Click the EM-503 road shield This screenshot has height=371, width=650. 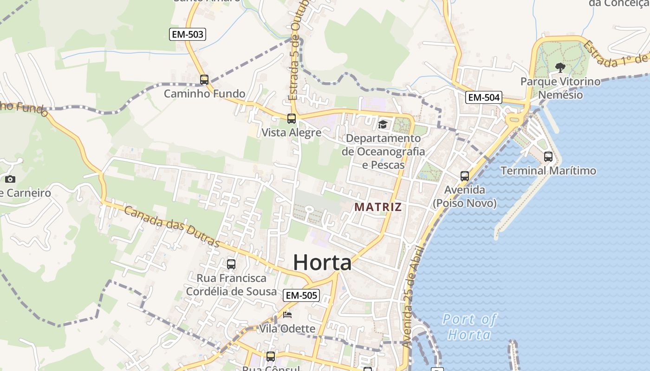point(188,34)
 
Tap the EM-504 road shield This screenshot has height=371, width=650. point(484,97)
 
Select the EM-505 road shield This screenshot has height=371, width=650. point(301,295)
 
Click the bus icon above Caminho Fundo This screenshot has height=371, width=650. point(204,80)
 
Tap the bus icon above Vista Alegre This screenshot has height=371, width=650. point(292,119)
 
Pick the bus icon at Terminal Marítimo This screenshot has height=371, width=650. point(548,157)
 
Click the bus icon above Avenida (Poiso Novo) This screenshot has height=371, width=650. point(465,176)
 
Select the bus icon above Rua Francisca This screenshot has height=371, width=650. point(231,264)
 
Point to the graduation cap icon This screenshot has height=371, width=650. point(383,124)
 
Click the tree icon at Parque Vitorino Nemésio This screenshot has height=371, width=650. point(560,68)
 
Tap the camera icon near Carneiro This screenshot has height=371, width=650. point(10,179)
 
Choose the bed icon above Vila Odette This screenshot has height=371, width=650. point(287,315)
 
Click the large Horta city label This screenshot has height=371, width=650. point(322,262)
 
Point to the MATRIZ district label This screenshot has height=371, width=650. point(378,207)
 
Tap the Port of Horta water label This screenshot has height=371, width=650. point(469,326)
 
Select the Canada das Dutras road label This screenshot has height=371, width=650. point(172,226)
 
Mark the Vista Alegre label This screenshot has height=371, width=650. point(292,133)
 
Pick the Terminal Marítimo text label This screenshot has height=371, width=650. point(548,171)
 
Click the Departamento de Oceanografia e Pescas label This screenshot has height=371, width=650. point(383,151)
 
